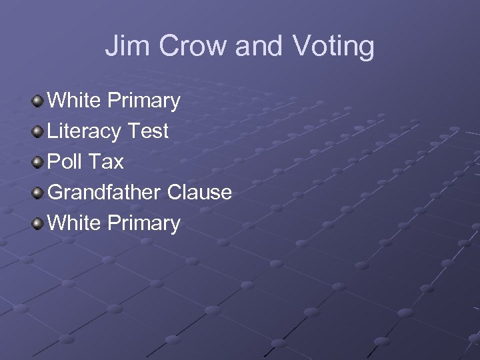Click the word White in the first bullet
click(74, 101)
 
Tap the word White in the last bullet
click(74, 223)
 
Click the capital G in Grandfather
click(56, 193)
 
